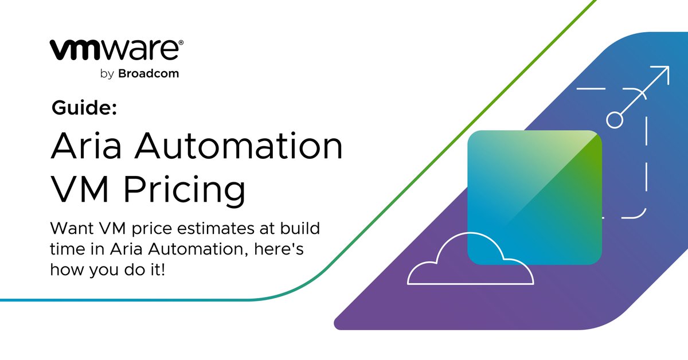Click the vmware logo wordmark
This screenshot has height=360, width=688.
coord(115,50)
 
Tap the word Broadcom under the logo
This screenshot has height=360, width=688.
coord(148,74)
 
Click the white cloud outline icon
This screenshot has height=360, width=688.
coord(470,264)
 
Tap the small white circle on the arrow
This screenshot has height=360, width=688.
coord(615,119)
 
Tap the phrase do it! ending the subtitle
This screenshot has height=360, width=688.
coord(144,269)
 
